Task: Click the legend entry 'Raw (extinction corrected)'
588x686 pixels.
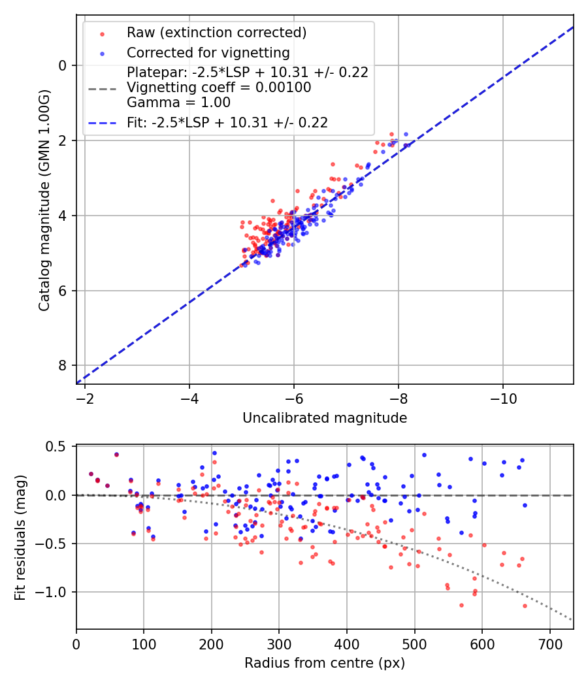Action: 216,33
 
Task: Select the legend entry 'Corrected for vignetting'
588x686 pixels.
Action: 208,52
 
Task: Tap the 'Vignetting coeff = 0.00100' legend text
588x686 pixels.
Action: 219,87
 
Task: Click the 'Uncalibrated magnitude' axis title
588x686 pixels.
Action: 325,418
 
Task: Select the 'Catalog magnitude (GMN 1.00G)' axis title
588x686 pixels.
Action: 44,199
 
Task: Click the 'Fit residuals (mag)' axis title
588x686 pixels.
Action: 20,537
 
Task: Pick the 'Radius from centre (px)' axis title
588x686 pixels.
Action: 325,663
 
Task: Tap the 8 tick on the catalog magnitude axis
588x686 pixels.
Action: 63,365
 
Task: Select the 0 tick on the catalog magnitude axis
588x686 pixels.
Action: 63,65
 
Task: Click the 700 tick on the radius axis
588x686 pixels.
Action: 549,644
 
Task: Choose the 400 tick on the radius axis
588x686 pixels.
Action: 347,644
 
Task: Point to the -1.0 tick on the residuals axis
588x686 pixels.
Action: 54,592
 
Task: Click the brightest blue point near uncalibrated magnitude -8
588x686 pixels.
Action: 406,134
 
